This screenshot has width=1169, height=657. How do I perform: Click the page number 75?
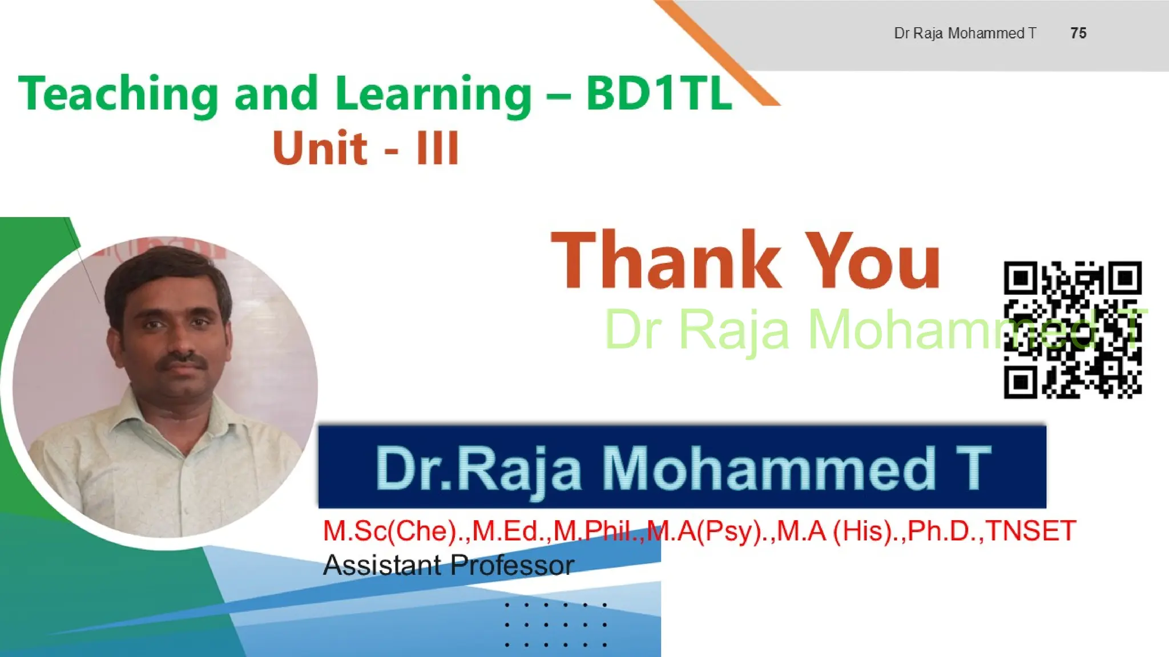tap(1078, 33)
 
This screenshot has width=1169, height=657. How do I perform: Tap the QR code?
tap(1073, 330)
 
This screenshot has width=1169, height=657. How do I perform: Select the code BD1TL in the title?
tap(659, 94)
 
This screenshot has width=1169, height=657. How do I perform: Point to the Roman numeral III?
tap(437, 148)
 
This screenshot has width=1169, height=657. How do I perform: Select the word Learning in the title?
tap(433, 95)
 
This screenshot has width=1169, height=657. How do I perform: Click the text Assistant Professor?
tap(448, 565)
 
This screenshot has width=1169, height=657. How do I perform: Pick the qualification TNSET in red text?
tap(1031, 531)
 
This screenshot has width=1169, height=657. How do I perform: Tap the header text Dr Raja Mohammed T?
tap(965, 33)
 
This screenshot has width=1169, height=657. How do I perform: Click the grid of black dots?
tap(556, 624)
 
